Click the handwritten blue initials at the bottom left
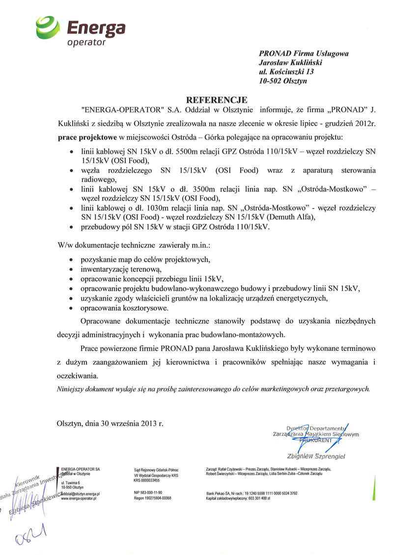32,531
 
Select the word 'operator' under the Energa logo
86,43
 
